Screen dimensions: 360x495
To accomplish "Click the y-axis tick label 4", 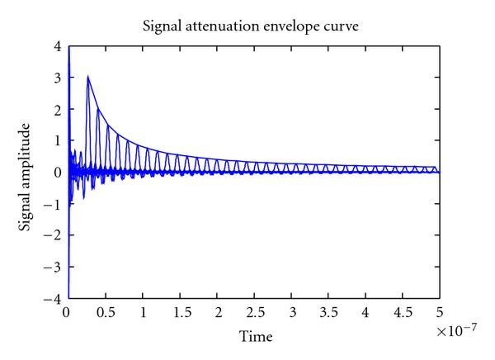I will click(x=58, y=48).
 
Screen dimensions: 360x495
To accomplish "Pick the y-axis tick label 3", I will click(x=58, y=79).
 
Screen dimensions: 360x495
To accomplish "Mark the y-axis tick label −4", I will click(x=54, y=296).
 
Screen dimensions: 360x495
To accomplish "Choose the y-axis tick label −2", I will click(x=54, y=234).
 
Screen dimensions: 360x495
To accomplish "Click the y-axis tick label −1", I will click(x=54, y=204).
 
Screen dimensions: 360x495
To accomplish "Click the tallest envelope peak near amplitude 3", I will click(x=87, y=77).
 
